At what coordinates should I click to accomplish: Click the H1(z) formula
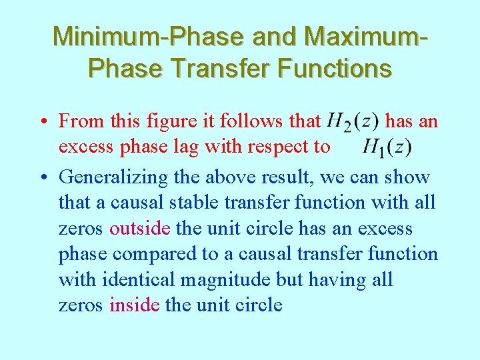(387, 147)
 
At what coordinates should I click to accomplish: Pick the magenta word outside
(141, 229)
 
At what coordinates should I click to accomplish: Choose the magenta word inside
(135, 305)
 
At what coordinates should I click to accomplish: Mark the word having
(343, 280)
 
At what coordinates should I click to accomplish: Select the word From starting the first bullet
(80, 121)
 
